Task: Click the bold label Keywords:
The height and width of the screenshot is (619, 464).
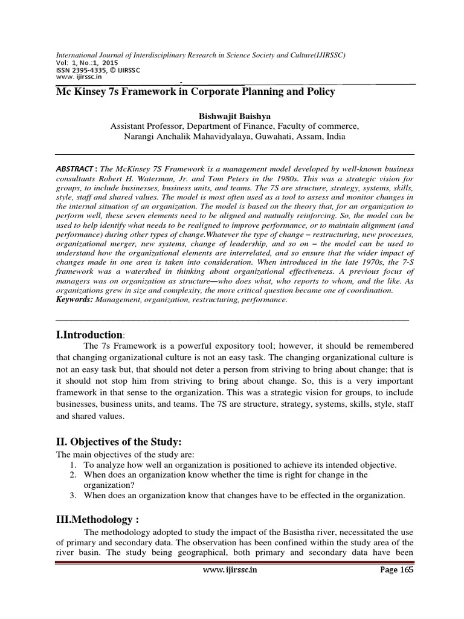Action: pos(75,299)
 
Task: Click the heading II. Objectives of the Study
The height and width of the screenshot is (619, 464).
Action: pos(118,442)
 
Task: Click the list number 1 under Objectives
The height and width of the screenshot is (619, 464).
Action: pos(72,465)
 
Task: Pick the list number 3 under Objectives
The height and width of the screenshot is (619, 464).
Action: pos(72,496)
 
